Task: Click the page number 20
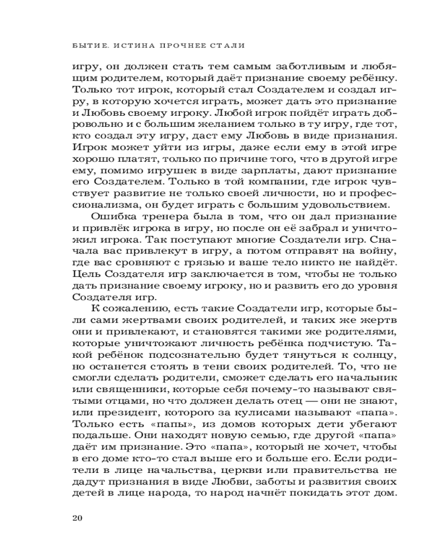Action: (x=78, y=517)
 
